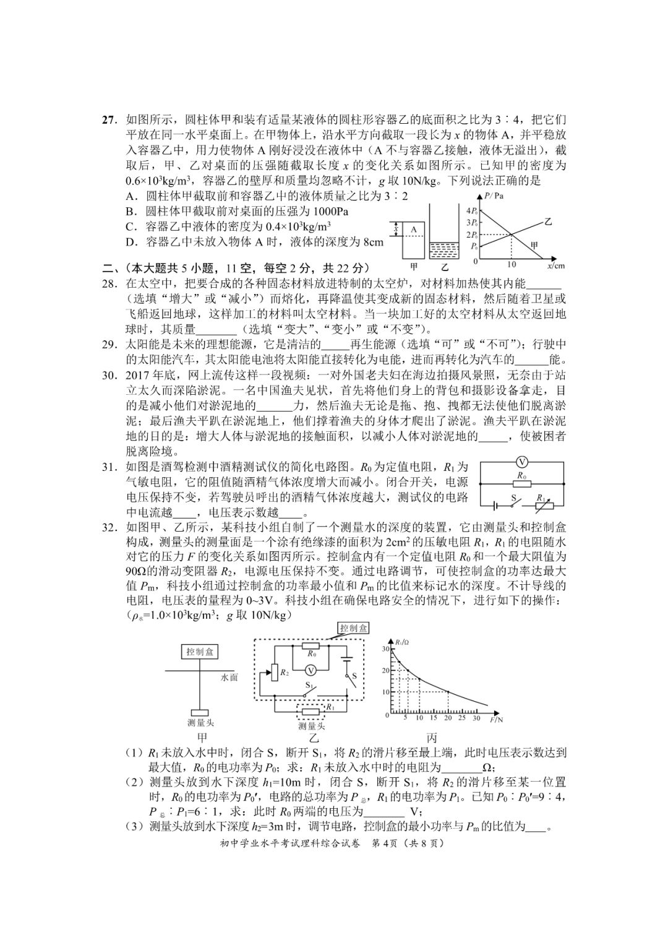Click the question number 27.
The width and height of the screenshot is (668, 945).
click(109, 120)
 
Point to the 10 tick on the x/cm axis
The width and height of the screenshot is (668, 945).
click(512, 264)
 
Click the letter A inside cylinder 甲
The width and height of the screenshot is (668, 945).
click(414, 230)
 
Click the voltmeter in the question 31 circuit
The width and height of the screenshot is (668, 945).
click(521, 462)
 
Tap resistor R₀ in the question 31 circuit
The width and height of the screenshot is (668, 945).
click(522, 485)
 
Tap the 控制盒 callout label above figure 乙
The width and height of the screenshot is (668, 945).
click(353, 628)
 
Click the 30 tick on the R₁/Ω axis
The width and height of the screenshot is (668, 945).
click(385, 648)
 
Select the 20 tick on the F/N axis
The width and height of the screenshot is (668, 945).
click(447, 718)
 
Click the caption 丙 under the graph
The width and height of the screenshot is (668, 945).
click(431, 738)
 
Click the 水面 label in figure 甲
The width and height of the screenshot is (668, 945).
click(229, 678)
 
